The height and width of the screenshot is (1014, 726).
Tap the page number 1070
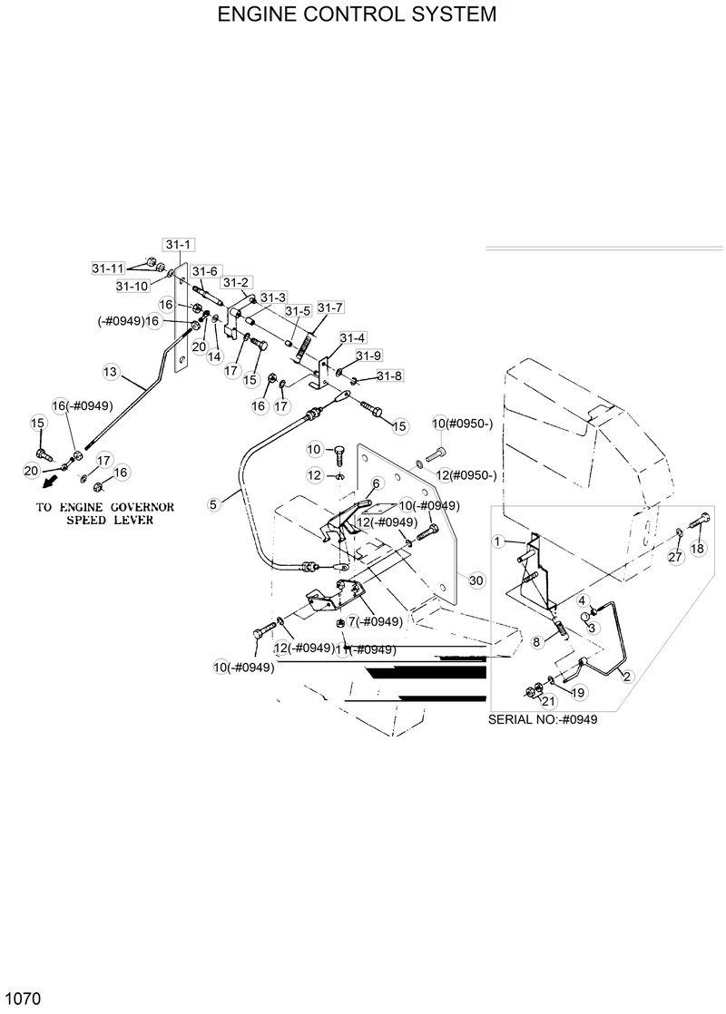(x=22, y=999)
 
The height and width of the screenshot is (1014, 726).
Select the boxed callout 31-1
(x=178, y=245)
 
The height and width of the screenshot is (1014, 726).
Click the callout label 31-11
(x=108, y=268)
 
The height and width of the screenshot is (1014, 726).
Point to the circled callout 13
(x=111, y=371)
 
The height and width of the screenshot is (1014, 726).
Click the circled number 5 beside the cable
(x=214, y=504)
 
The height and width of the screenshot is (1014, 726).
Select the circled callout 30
(x=476, y=579)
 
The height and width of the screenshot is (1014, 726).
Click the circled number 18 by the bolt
(x=697, y=549)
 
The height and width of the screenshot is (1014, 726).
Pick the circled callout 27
(x=675, y=557)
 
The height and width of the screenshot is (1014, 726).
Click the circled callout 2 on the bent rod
(x=626, y=676)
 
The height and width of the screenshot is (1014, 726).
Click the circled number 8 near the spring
(x=535, y=641)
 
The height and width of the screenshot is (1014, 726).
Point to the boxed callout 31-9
(x=368, y=356)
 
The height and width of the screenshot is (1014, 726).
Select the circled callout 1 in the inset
(x=498, y=541)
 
